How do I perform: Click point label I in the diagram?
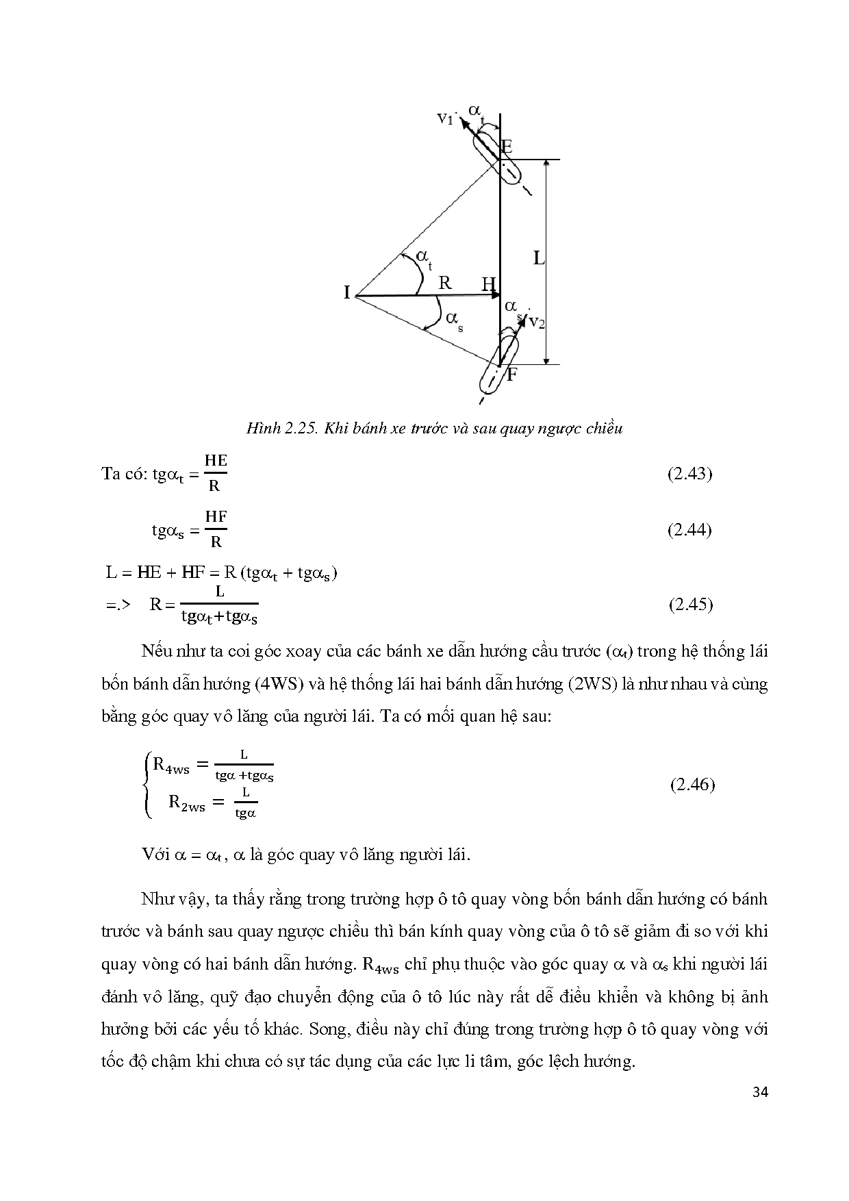[347, 293]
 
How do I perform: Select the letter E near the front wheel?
[507, 147]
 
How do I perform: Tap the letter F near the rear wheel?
[511, 375]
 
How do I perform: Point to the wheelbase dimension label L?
[539, 258]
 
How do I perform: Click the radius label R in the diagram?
[445, 282]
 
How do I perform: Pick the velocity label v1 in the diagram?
[446, 118]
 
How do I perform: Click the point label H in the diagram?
[488, 283]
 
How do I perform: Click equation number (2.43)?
[689, 474]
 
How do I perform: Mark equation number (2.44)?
[689, 530]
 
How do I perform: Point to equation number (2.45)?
[689, 604]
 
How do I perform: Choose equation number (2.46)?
[692, 785]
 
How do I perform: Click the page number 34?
[760, 1092]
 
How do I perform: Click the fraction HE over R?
[216, 473]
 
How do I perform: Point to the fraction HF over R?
[216, 529]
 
